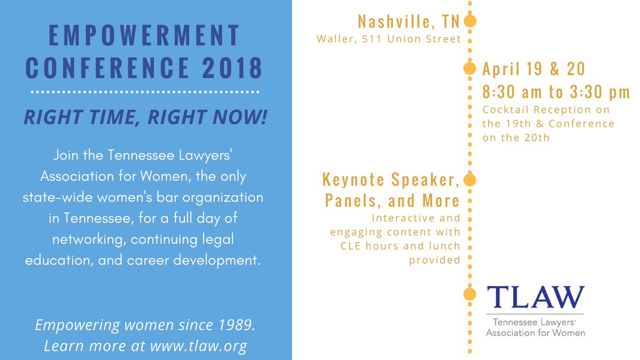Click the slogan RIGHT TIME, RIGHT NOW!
145,117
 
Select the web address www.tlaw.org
198,346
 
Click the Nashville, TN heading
409,21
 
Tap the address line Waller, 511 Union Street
389,39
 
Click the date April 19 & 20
534,69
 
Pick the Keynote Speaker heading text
391,179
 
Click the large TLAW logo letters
535,297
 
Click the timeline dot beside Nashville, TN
470,21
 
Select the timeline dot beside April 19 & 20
469,69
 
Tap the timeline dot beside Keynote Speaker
469,180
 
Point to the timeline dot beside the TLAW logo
469,294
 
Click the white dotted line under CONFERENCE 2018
145,92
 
